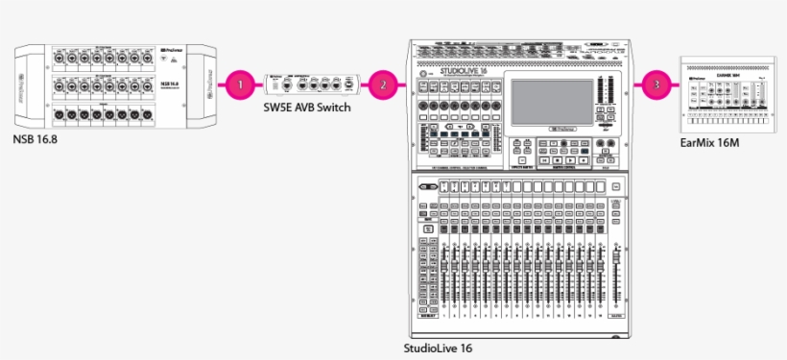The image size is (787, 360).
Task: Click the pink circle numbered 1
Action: pyautogui.click(x=242, y=84)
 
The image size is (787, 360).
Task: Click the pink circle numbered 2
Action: pyautogui.click(x=384, y=84)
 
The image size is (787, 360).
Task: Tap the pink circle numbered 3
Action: pyautogui.click(x=656, y=84)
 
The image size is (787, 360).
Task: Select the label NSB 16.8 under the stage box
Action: pyautogui.click(x=36, y=140)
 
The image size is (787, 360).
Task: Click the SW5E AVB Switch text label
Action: pyautogui.click(x=307, y=108)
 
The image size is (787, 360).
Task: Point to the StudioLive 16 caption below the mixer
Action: pyautogui.click(x=439, y=348)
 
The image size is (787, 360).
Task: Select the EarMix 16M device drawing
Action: pyautogui.click(x=726, y=95)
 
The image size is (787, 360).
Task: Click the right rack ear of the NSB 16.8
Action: pyautogui.click(x=203, y=84)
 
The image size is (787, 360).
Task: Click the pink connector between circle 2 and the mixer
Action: pyautogui.click(x=402, y=84)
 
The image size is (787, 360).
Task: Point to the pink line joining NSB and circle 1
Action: pyautogui.click(x=220, y=84)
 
